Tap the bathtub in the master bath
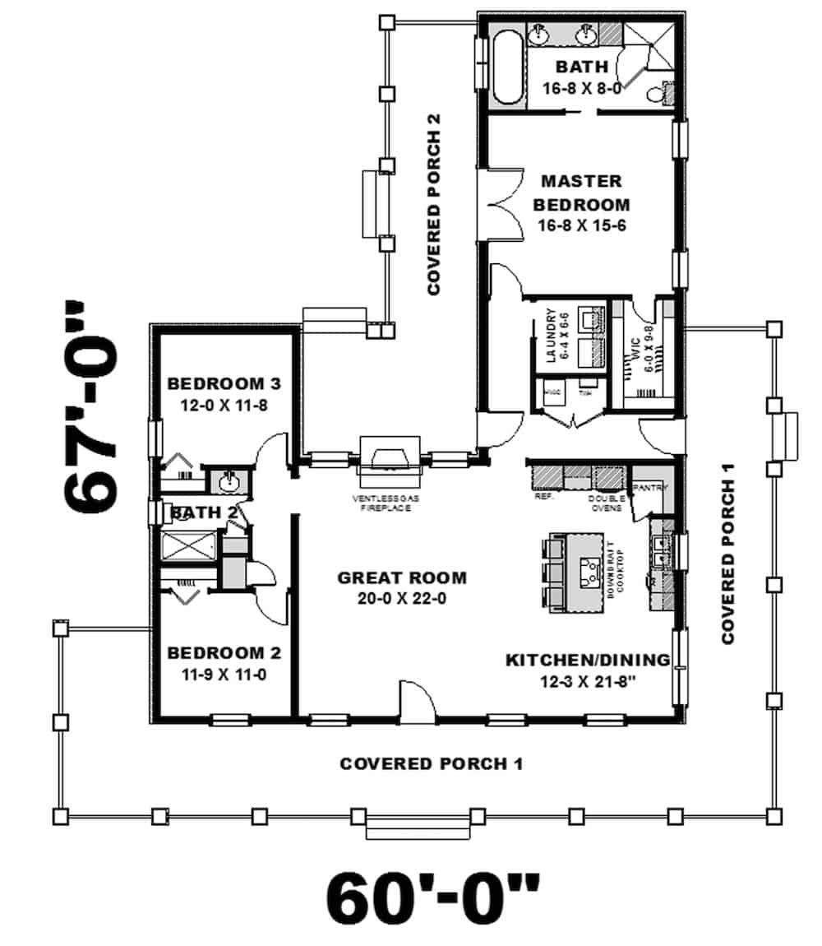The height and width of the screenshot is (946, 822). (x=506, y=64)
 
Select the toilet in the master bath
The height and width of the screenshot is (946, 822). (x=655, y=93)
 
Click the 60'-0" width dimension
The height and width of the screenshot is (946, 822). (x=433, y=898)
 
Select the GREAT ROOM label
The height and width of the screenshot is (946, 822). (x=402, y=577)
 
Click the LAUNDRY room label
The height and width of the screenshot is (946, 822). (x=552, y=336)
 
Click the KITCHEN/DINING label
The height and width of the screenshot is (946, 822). (x=587, y=660)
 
